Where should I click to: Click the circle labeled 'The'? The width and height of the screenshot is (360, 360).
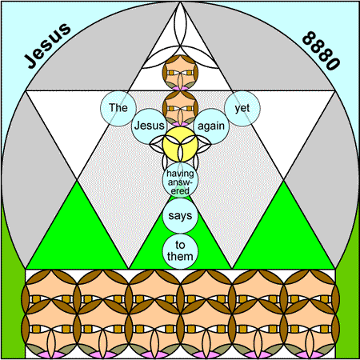click(x=118, y=108)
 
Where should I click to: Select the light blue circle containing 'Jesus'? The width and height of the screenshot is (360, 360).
click(x=149, y=126)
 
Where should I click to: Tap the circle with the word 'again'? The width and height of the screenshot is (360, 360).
click(x=211, y=126)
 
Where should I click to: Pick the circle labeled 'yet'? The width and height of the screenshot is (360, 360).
click(x=242, y=108)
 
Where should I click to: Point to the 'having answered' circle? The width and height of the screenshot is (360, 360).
click(x=180, y=180)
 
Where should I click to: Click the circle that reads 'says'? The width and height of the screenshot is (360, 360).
click(x=180, y=215)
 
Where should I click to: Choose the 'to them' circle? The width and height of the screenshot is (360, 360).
click(x=180, y=251)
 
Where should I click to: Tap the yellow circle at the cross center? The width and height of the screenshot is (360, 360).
click(x=180, y=144)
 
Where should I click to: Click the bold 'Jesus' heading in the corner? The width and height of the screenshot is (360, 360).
click(x=48, y=45)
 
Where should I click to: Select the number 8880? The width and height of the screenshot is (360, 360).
click(x=322, y=50)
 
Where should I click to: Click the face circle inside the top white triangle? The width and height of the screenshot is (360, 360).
click(x=180, y=72)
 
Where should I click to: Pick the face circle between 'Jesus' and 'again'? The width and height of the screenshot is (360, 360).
click(x=180, y=108)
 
